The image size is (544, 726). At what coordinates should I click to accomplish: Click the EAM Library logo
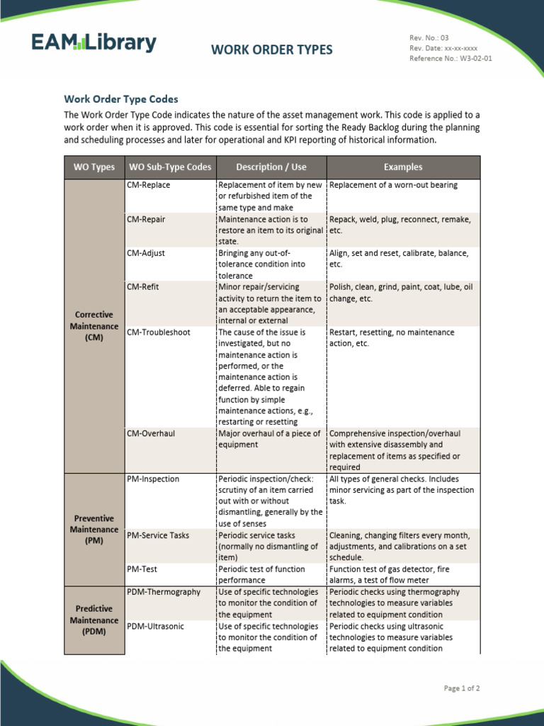tap(93, 43)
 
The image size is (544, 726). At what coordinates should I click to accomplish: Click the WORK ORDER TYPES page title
tap(271, 50)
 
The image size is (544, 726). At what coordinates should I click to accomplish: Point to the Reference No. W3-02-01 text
tap(450, 59)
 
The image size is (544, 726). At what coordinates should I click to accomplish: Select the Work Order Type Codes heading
tap(121, 99)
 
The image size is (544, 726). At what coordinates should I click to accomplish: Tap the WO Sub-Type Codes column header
tap(169, 167)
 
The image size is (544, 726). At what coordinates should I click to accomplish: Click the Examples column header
tap(403, 167)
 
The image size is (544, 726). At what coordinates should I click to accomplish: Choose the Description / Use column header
tap(271, 167)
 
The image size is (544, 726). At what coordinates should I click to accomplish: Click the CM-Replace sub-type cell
tap(149, 185)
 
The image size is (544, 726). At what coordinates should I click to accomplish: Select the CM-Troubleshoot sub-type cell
tap(159, 333)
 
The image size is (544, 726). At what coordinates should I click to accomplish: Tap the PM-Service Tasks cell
tap(158, 535)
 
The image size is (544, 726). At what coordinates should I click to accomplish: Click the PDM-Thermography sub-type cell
tap(164, 592)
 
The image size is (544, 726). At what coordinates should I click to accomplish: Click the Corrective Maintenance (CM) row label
tap(93, 326)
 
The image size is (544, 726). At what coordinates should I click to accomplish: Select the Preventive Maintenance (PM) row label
tap(93, 530)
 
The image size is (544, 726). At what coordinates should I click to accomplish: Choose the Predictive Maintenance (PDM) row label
tap(93, 620)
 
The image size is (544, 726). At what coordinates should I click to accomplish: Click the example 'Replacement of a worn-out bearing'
tap(394, 185)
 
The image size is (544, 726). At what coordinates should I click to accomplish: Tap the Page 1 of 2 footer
tap(462, 688)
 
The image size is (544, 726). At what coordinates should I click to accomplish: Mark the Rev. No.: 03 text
tap(429, 38)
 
